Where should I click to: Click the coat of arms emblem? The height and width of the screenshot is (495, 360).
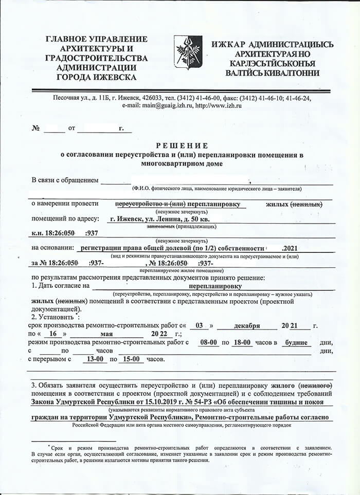(x=187, y=52)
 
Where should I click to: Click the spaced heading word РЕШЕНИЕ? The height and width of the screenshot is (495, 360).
(x=179, y=145)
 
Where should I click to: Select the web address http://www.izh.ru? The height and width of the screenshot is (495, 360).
(x=219, y=105)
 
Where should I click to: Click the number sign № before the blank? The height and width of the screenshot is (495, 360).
(x=36, y=128)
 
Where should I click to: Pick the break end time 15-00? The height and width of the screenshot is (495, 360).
(x=133, y=359)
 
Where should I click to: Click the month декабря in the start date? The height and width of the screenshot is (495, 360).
(x=247, y=326)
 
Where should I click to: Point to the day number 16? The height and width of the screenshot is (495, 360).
(x=52, y=334)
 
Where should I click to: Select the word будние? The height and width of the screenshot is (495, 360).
(x=297, y=342)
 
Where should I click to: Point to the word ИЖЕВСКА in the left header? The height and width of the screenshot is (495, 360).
(x=114, y=77)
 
